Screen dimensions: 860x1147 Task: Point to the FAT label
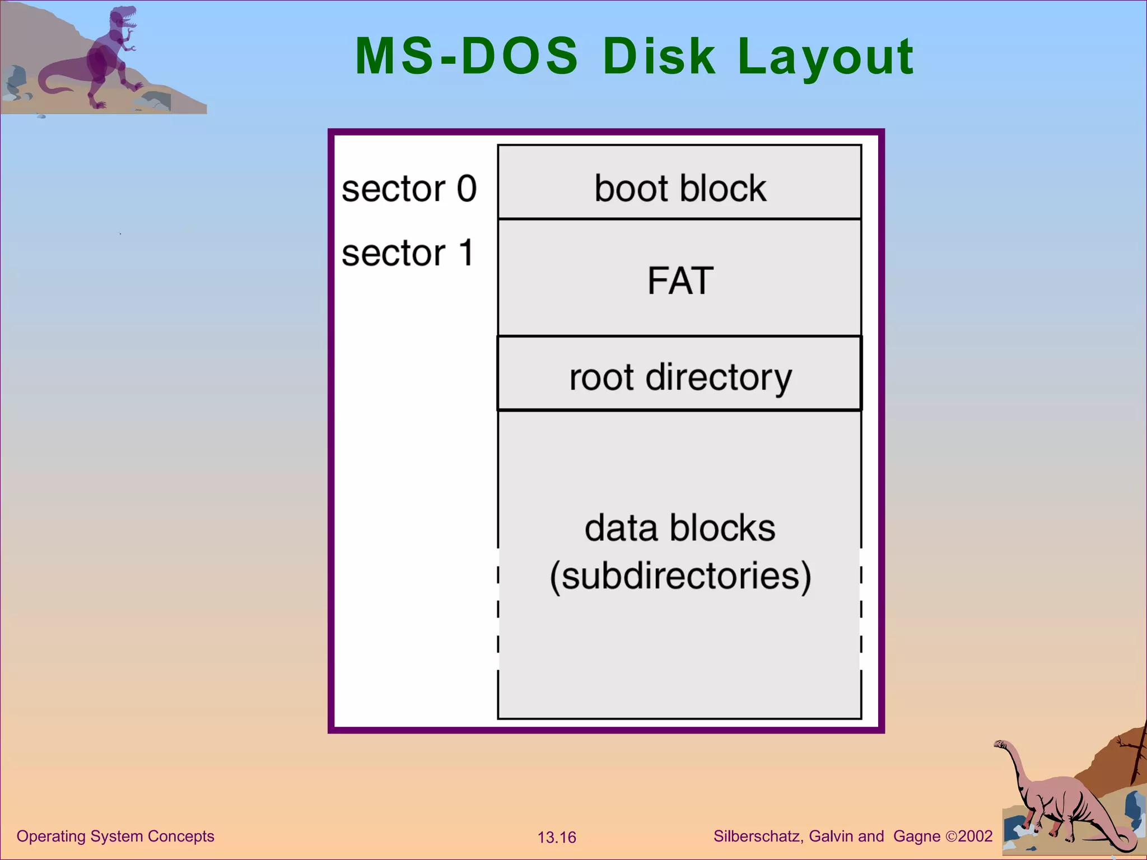click(680, 281)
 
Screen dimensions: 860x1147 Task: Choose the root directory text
click(680, 377)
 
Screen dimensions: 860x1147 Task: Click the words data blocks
click(679, 528)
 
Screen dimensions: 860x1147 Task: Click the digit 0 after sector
click(466, 189)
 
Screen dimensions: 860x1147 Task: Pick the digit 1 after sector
click(466, 253)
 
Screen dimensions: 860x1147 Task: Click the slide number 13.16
click(557, 838)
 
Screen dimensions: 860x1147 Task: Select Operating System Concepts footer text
click(115, 836)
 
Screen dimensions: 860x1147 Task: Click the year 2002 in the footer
click(975, 836)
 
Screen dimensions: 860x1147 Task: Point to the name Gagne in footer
click(917, 836)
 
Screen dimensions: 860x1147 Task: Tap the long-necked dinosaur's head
click(1001, 745)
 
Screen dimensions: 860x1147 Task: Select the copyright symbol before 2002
click(951, 837)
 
